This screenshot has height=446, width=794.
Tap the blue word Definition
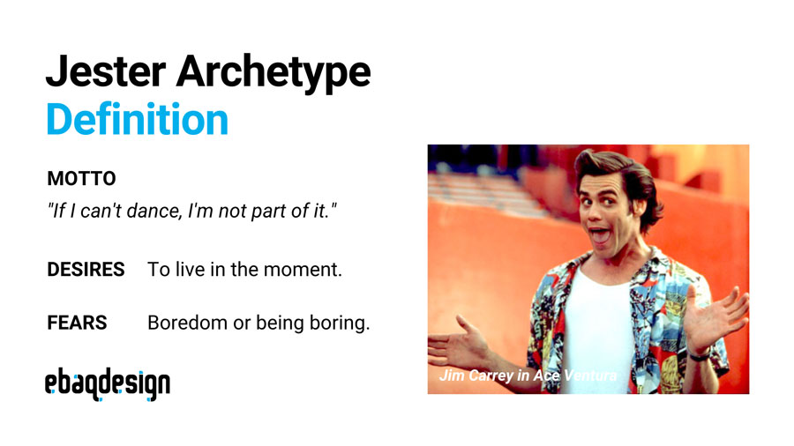pos(137,119)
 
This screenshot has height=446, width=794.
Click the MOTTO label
pos(81,179)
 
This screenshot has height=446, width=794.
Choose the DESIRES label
pos(86,270)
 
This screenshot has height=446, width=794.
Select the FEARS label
pos(77,323)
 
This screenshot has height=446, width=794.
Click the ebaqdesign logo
pos(108,383)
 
